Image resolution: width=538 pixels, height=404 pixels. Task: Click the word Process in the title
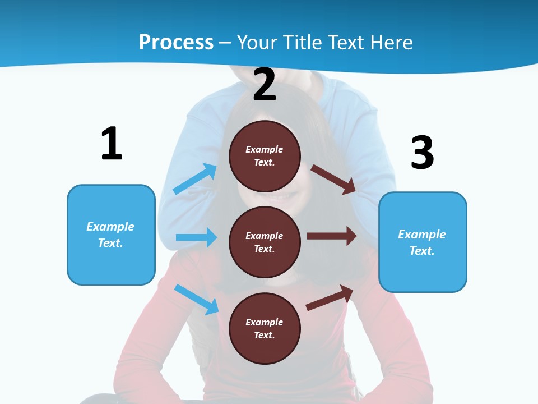[x=176, y=42]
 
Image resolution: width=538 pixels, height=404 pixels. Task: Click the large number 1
[x=112, y=144]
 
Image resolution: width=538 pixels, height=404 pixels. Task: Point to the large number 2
[x=265, y=85]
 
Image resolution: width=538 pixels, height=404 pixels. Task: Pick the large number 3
[x=422, y=153]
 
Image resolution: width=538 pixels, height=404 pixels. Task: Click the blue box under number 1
[x=111, y=235]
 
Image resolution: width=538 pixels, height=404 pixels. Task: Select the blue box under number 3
[x=423, y=242]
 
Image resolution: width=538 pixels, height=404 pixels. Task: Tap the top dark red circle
[x=265, y=156]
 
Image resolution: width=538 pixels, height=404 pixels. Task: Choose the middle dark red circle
[x=265, y=242]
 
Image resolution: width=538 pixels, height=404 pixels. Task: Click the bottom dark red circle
[x=265, y=328]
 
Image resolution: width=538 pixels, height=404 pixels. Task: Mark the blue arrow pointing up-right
[x=195, y=179]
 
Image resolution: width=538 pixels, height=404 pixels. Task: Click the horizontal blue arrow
[x=196, y=237]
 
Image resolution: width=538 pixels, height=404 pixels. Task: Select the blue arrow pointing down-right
[x=196, y=299]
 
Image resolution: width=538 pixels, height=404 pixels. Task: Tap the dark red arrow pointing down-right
[x=333, y=179]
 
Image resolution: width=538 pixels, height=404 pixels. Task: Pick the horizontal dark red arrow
[x=332, y=236]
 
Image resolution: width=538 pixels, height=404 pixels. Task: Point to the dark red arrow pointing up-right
[x=330, y=297]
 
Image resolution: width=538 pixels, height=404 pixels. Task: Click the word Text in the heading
[x=349, y=42]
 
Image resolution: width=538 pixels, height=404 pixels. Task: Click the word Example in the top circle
[x=265, y=149]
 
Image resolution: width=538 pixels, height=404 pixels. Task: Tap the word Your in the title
[x=257, y=42]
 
